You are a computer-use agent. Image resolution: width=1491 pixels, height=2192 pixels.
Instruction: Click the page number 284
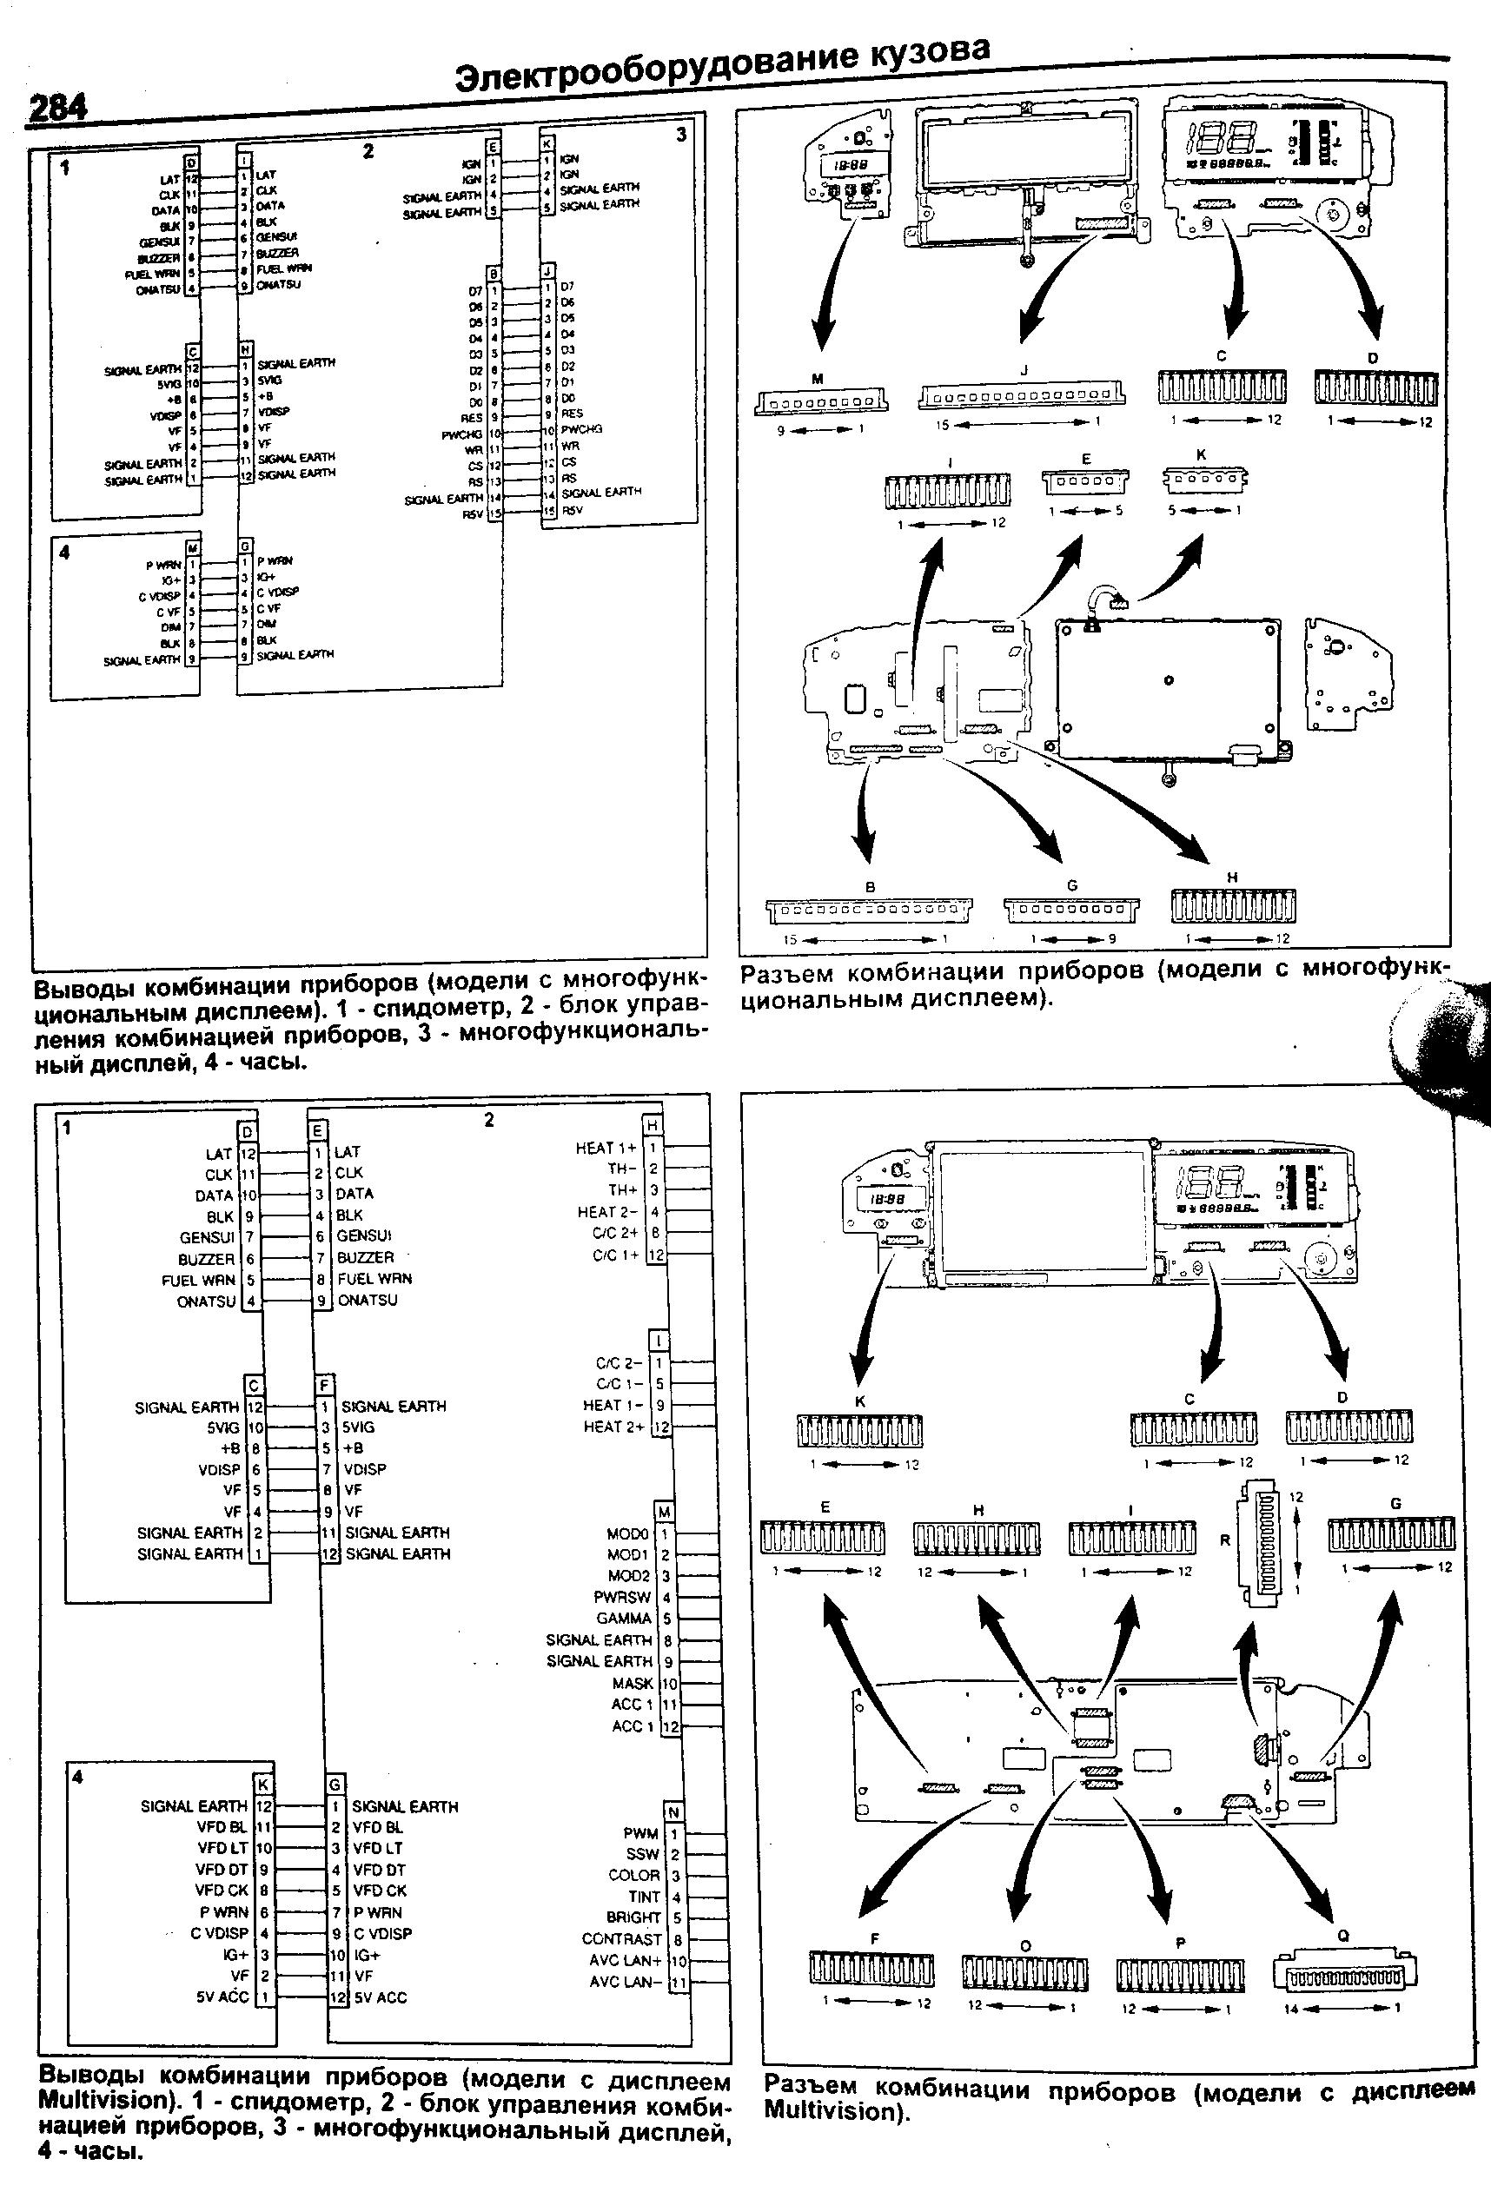(x=57, y=109)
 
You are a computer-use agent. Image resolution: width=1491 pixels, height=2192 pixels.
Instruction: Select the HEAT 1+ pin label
(x=606, y=1148)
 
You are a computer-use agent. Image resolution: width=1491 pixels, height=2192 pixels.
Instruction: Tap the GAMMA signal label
(x=625, y=1618)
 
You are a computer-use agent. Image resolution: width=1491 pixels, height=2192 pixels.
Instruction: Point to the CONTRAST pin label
(x=621, y=1938)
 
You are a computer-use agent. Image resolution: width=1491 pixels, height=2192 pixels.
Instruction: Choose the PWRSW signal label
(x=622, y=1597)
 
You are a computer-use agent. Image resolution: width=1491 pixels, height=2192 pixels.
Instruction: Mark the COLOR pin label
(x=633, y=1875)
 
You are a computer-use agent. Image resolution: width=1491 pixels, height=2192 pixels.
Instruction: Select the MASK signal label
(x=633, y=1683)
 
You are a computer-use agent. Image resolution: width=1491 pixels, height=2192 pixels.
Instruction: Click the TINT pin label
(x=644, y=1896)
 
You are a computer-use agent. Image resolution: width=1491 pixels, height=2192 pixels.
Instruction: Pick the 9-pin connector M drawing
(x=820, y=403)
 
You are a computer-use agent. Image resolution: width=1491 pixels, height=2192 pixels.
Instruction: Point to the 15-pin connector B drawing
(x=869, y=911)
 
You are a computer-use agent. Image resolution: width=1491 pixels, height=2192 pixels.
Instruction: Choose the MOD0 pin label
(x=628, y=1533)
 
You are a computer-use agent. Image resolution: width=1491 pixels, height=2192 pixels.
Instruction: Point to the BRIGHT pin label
(x=633, y=1917)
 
